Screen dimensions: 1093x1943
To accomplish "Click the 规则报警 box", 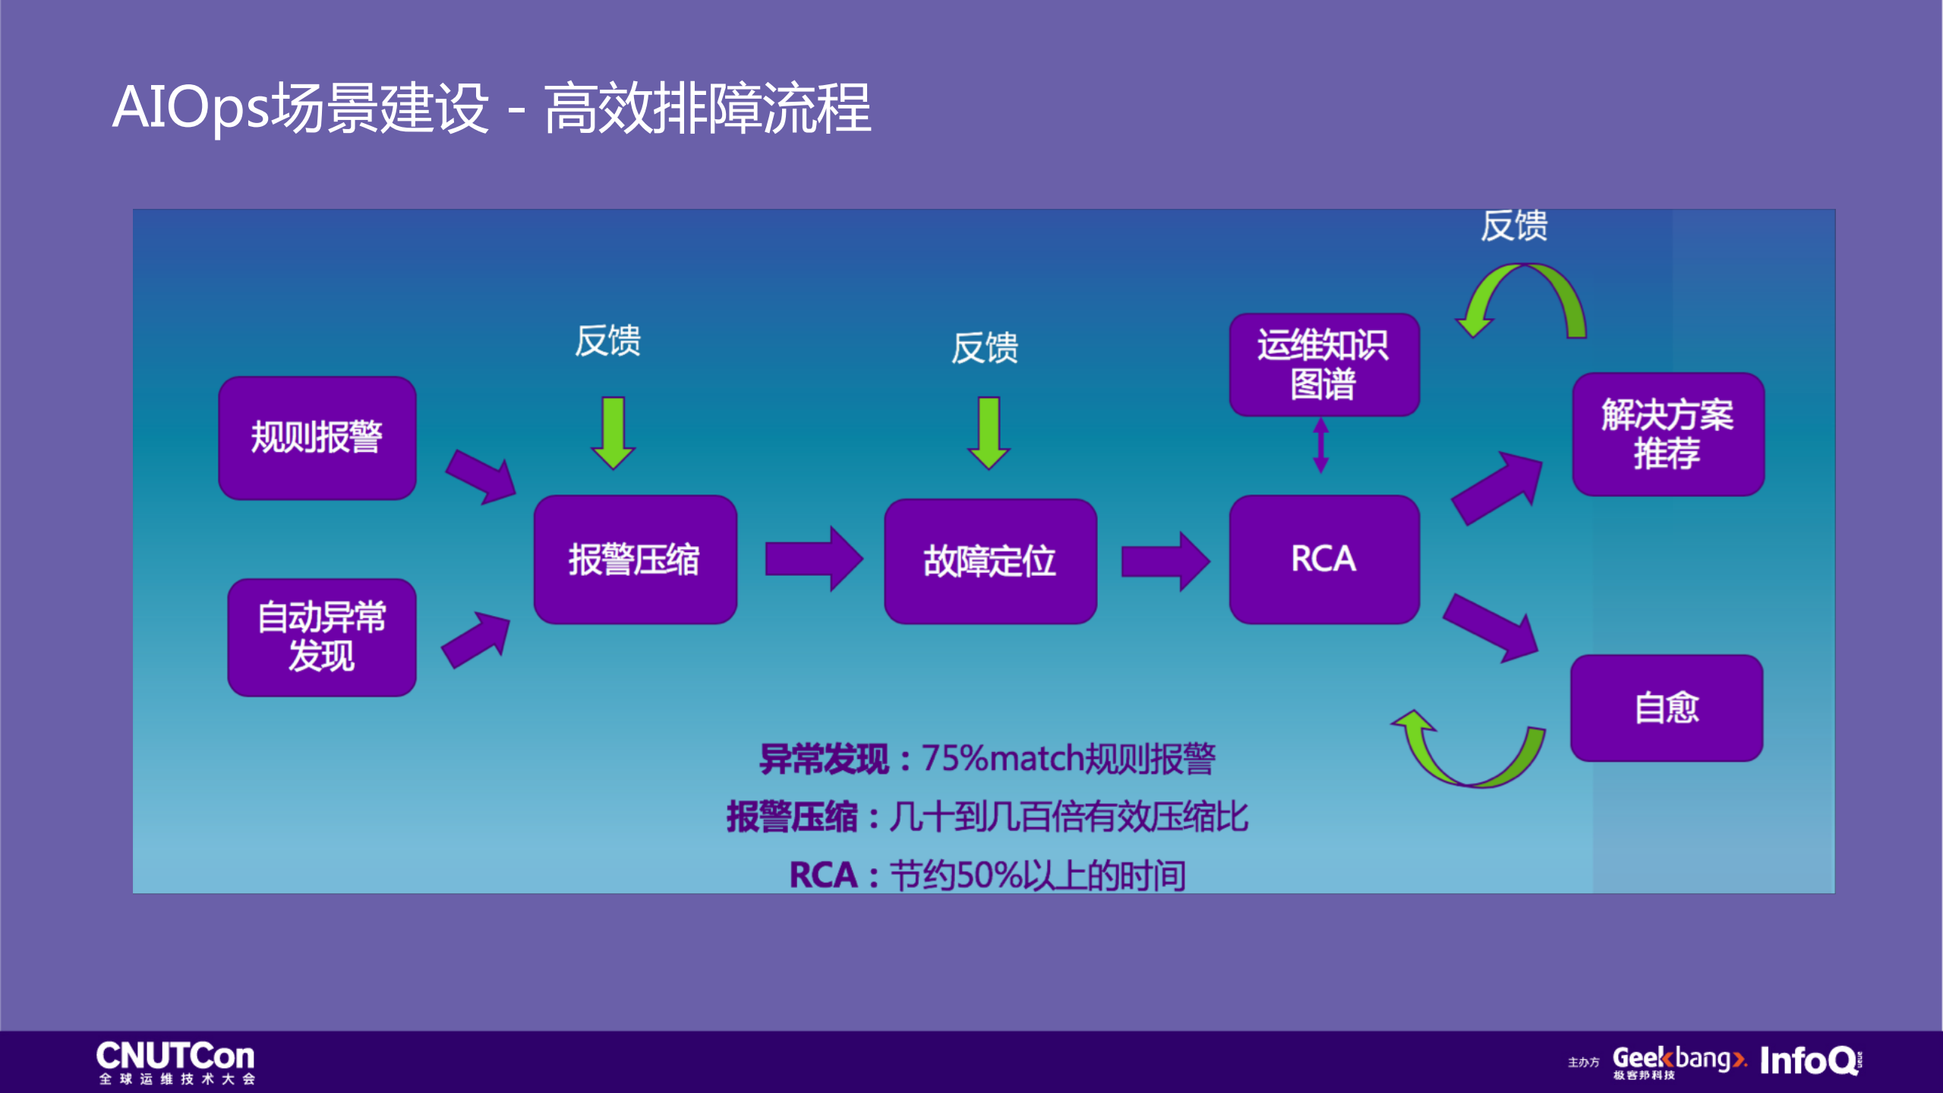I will point(317,438).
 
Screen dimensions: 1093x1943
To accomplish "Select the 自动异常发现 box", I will point(321,637).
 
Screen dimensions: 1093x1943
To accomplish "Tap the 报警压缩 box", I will point(635,560).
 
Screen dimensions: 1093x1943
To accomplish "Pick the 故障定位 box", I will point(989,561).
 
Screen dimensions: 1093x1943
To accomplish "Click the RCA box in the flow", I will point(1323,559).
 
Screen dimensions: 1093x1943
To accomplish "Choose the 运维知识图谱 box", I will point(1323,365).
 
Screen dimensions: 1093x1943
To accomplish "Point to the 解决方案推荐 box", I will point(1667,434).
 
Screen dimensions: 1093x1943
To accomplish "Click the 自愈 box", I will point(1666,707).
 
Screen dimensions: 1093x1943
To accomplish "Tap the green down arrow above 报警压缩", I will point(613,432).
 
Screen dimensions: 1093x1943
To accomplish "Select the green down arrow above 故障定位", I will point(989,432).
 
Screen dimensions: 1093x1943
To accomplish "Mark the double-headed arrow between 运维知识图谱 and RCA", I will point(1321,445).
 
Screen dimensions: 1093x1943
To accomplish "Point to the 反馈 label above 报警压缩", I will point(607,340).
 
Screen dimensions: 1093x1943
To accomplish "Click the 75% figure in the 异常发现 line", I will point(954,758).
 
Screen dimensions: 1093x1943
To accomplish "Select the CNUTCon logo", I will point(175,1061).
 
